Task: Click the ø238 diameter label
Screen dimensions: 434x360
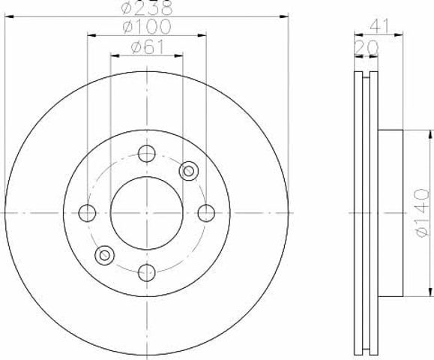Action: tap(147, 7)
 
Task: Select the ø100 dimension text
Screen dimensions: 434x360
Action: tap(147, 26)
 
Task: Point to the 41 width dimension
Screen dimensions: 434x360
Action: tap(379, 25)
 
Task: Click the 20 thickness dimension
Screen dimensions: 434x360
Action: tap(367, 47)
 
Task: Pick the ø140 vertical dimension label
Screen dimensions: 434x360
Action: tap(423, 213)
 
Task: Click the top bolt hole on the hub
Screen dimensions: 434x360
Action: tap(147, 154)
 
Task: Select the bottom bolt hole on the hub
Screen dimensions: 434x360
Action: tap(147, 273)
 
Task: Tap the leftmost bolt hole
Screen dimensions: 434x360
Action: tap(87, 213)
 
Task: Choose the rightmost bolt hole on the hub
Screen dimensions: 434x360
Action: tap(206, 213)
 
